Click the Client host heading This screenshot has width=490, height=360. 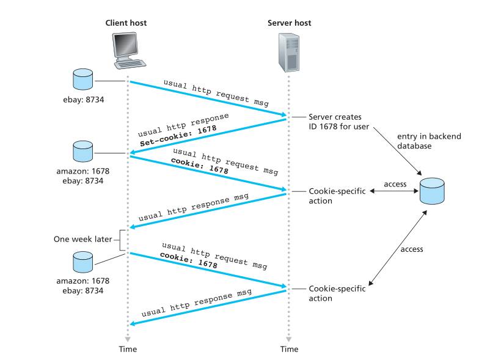pyautogui.click(x=126, y=23)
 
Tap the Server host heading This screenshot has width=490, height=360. pyautogui.click(x=289, y=23)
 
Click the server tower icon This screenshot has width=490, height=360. pyautogui.click(x=289, y=52)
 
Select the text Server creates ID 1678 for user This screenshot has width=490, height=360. pyautogui.click(x=335, y=121)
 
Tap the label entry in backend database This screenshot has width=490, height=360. pyautogui.click(x=421, y=141)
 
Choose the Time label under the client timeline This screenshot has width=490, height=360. pyautogui.click(x=128, y=349)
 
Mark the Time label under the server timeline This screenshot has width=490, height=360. pyautogui.click(x=289, y=349)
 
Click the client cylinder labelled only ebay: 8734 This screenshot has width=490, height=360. pyautogui.click(x=82, y=78)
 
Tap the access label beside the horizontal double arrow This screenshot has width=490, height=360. pyautogui.click(x=395, y=183)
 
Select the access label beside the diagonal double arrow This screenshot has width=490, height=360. pyautogui.click(x=412, y=249)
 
